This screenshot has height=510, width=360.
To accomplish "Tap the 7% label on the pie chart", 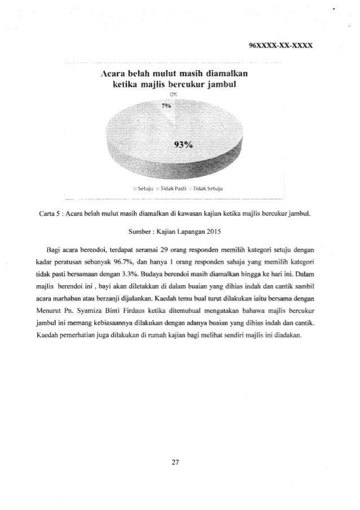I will pos(165,105).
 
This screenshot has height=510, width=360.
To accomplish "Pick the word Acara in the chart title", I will pos(113,74).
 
